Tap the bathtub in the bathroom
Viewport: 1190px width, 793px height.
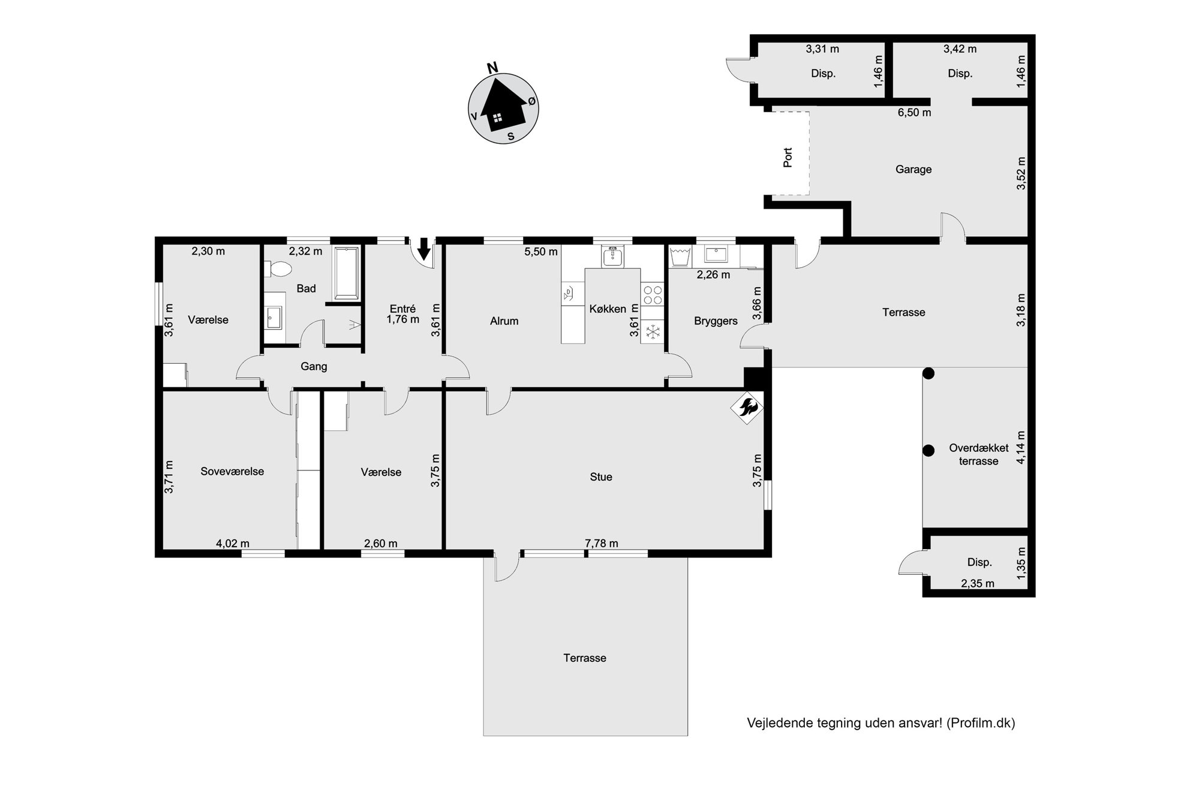point(346,273)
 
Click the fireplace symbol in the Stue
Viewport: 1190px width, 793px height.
point(746,408)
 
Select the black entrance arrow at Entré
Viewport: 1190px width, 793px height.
point(423,248)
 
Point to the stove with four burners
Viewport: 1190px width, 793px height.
point(653,294)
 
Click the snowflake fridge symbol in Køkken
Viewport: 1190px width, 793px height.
point(653,331)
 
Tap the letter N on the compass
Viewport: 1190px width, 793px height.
point(492,68)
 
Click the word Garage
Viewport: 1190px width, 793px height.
point(913,170)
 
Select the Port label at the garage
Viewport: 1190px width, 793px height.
point(788,157)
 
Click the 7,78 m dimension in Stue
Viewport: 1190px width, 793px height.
point(601,544)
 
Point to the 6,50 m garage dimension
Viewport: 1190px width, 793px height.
point(914,113)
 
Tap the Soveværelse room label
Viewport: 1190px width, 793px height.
point(232,472)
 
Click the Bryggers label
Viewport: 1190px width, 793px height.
point(716,321)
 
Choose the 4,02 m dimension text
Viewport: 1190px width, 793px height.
point(233,544)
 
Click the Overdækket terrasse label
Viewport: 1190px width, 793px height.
point(978,454)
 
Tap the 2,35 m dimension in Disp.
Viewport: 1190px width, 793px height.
point(978,583)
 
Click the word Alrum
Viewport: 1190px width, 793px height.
point(504,321)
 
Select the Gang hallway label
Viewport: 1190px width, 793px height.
point(314,366)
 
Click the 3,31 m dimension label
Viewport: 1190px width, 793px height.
point(822,49)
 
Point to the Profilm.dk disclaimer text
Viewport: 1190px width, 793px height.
point(881,723)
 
